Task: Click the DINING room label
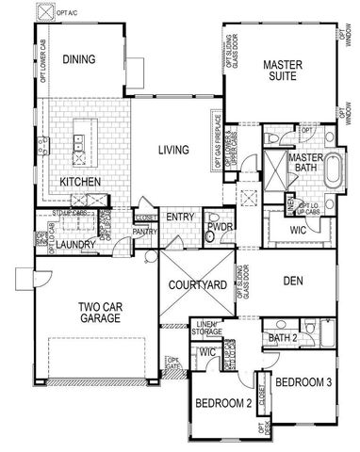[x=80, y=59]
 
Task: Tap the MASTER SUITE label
[x=281, y=71]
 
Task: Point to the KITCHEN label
[x=81, y=180]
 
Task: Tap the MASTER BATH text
[x=305, y=163]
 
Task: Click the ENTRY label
[x=179, y=218]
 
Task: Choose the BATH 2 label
[x=283, y=337]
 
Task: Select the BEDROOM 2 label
[x=222, y=403]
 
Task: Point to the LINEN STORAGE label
[x=210, y=328]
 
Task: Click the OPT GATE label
[x=172, y=362]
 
